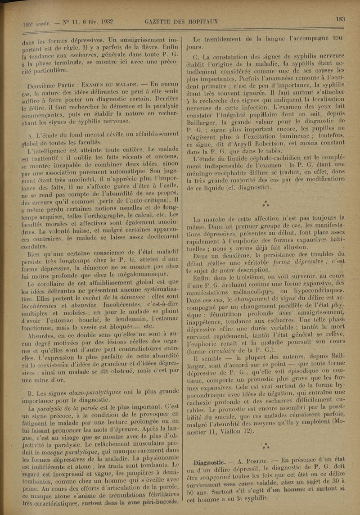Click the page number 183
(340, 19)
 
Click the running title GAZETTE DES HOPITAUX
(182, 21)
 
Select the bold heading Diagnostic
(209, 462)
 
